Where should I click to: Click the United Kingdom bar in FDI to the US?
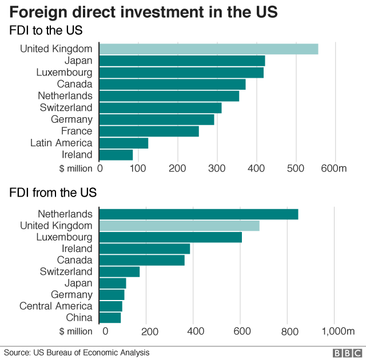pyautogui.click(x=209, y=49)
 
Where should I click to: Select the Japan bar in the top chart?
pyautogui.click(x=182, y=61)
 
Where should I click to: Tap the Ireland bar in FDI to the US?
pyautogui.click(x=116, y=155)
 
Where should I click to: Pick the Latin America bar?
pyautogui.click(x=124, y=143)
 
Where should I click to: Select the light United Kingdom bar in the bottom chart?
pyautogui.click(x=179, y=226)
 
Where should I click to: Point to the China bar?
pyautogui.click(x=110, y=318)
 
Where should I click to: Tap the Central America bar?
pyautogui.click(x=110, y=306)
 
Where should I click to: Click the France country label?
pyautogui.click(x=77, y=131)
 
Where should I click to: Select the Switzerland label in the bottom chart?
pyautogui.click(x=66, y=271)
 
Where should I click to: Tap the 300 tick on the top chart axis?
pyautogui.click(x=217, y=168)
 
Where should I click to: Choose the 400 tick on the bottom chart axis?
pyautogui.click(x=195, y=331)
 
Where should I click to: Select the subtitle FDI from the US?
pyautogui.click(x=53, y=192)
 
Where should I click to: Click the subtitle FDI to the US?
pyautogui.click(x=46, y=30)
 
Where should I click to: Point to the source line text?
pyautogui.click(x=77, y=353)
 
